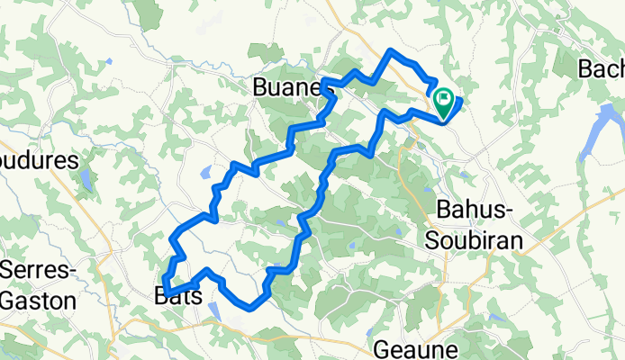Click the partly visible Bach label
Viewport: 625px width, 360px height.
602,68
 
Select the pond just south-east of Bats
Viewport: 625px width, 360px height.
213,310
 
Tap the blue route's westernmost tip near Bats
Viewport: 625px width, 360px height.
162,286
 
